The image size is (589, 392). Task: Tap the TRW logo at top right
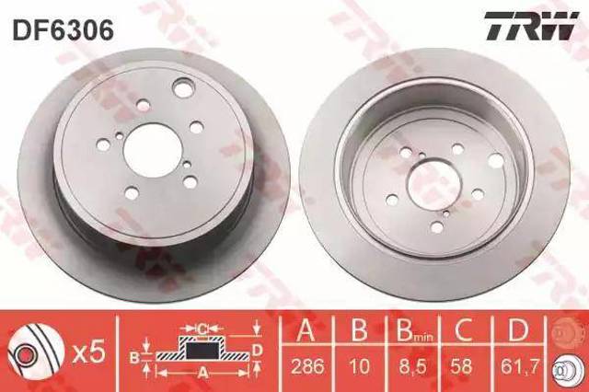coord(527,28)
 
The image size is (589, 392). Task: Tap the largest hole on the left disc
coord(183,89)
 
